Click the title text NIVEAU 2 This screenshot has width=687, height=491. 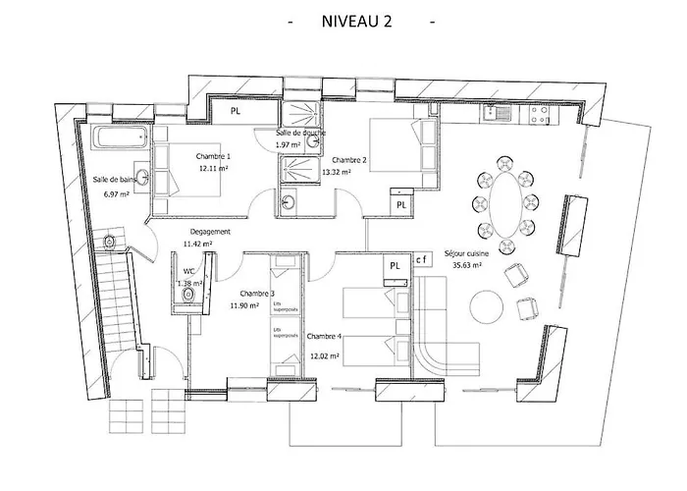click(x=356, y=23)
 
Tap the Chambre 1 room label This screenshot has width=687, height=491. click(x=213, y=157)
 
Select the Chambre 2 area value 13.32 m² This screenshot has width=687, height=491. click(x=348, y=171)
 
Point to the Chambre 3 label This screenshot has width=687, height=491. click(x=258, y=293)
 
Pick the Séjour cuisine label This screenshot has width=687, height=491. click(x=467, y=252)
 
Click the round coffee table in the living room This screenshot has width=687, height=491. click(x=490, y=305)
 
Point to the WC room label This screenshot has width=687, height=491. click(x=188, y=271)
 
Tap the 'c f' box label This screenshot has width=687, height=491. click(x=422, y=259)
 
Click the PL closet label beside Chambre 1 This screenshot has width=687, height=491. click(x=235, y=112)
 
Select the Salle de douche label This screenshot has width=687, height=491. click(x=300, y=133)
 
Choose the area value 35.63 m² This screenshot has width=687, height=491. click(x=467, y=265)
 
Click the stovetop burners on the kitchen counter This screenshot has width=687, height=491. click(x=539, y=113)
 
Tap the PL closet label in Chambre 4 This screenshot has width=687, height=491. click(x=395, y=265)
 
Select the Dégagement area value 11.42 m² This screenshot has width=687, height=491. click(x=199, y=244)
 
